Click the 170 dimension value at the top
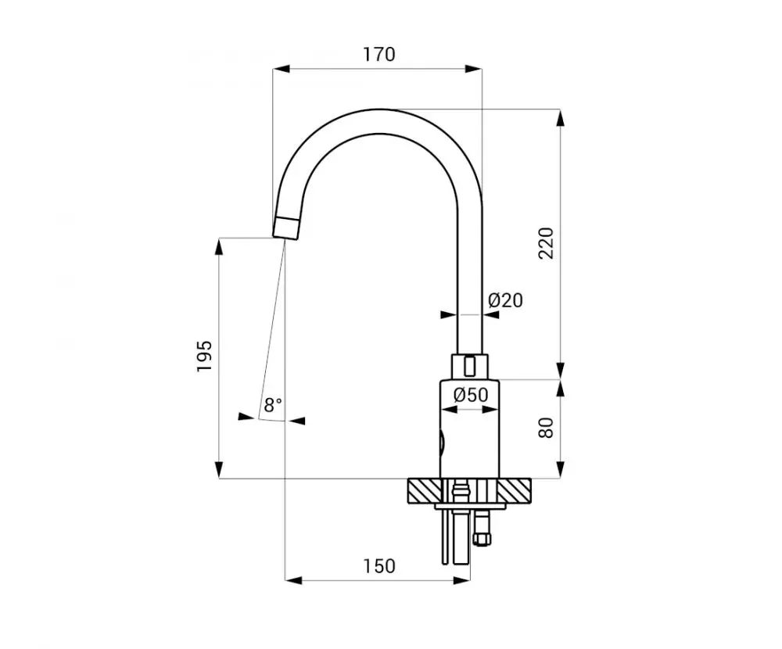(379, 54)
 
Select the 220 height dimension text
(547, 243)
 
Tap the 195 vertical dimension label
(204, 356)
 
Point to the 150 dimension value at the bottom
(379, 566)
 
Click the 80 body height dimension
(547, 428)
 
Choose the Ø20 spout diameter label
(506, 300)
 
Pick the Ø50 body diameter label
(471, 395)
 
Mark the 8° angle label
(273, 404)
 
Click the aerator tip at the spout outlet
(287, 229)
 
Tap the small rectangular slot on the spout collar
(469, 366)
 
